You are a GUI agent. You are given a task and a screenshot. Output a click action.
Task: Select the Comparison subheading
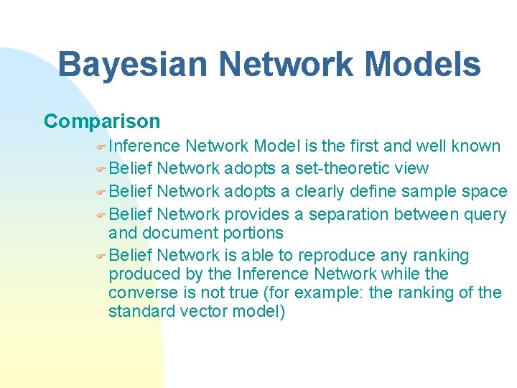[102, 121]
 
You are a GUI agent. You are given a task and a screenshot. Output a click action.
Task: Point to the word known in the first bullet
[475, 147]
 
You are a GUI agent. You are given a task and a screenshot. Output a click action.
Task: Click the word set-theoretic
[337, 169]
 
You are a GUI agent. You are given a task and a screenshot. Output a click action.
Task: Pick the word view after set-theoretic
[411, 169]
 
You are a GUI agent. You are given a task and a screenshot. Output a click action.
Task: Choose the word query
[485, 214]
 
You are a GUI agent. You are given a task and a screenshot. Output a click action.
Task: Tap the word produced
[140, 274]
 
